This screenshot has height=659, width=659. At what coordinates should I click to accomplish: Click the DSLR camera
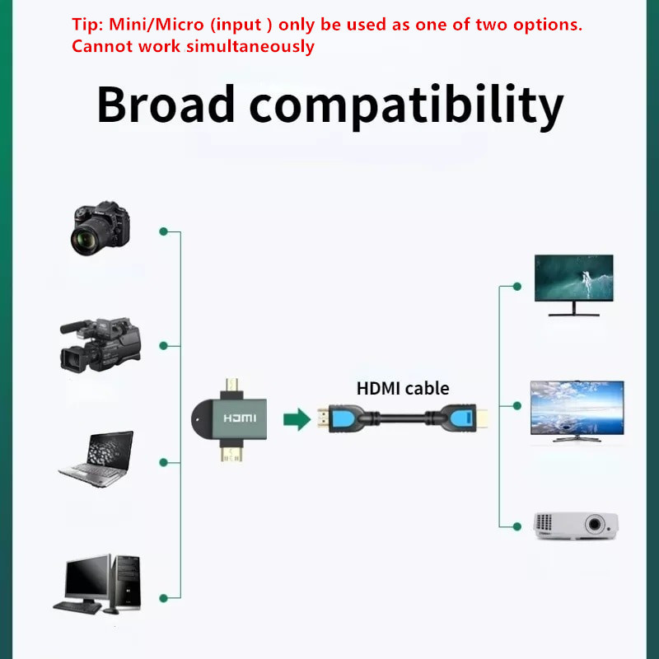coord(100,228)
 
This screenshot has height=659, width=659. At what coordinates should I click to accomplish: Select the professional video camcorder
coord(100,344)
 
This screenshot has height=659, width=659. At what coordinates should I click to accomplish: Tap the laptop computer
coord(96,459)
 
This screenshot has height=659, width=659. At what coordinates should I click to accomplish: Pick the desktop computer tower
coord(127,582)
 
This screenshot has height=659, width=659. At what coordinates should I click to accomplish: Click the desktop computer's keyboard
coord(77,607)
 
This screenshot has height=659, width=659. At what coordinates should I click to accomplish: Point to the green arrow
coord(297,419)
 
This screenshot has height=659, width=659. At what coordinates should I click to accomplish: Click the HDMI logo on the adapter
coord(240,418)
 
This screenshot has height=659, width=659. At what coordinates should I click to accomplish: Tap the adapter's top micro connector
coord(231,386)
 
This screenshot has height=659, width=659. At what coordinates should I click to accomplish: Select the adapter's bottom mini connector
coord(231,453)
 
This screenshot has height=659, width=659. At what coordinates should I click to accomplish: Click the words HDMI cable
coord(403,388)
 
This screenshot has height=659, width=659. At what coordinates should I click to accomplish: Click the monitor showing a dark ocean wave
coord(573,285)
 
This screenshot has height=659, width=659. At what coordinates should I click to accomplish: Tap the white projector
coord(576,526)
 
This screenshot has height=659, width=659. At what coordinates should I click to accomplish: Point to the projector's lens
coord(595,524)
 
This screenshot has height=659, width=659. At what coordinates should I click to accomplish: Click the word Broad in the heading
coord(166,104)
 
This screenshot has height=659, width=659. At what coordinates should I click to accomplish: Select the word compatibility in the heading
coord(406,106)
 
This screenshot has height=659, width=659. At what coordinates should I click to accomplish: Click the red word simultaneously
coord(250,46)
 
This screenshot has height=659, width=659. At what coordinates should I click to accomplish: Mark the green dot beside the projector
coord(517,526)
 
